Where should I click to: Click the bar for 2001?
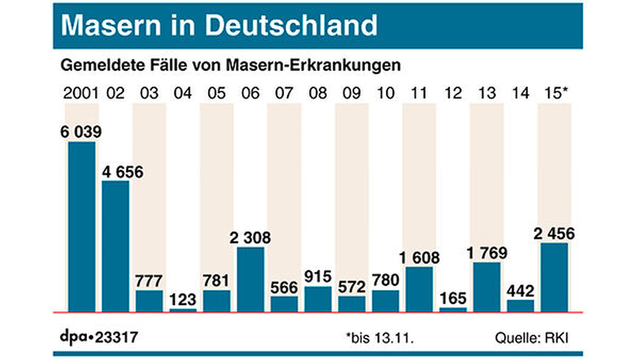pos(82,227)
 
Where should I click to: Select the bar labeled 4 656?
pos(115,246)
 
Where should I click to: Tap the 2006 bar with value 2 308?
pos(251,279)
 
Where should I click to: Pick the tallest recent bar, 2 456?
pos(554,277)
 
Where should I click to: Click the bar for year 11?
pos(419,289)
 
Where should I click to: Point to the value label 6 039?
pos(81,132)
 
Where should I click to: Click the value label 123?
pos(183,299)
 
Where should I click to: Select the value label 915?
pos(318,277)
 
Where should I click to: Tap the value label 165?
pos(453,298)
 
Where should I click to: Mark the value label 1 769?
pos(487,253)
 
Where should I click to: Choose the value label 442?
pos(520,291)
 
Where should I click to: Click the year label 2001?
pos(81,93)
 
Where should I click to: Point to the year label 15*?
pos(556,93)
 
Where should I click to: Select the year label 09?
pos(351,93)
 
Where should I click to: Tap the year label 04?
pos(183,93)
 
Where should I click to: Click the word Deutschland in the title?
pos(291,25)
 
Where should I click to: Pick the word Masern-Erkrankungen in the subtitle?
pos(313,65)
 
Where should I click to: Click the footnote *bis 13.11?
pos(380,338)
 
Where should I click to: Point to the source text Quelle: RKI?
pos(531,338)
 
